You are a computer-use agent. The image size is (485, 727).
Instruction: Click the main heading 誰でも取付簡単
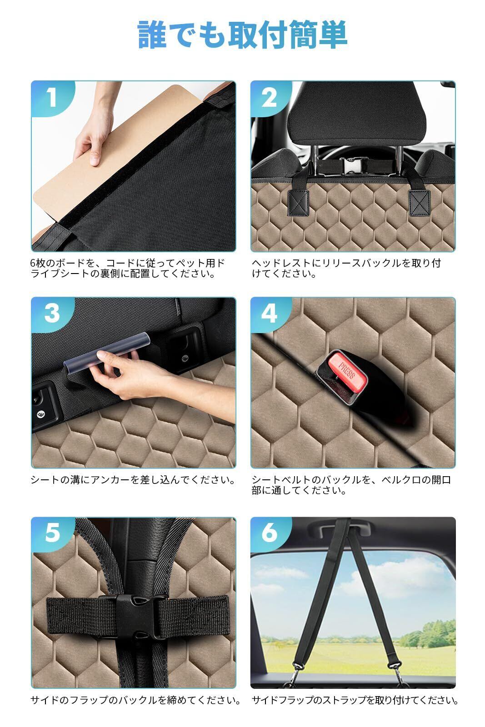click(243, 35)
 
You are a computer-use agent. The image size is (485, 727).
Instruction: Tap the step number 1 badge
click(52, 98)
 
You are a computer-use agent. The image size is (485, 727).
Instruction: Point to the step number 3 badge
click(52, 314)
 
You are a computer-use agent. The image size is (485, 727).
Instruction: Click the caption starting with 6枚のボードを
click(128, 268)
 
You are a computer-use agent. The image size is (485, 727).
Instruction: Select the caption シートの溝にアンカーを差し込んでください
click(132, 479)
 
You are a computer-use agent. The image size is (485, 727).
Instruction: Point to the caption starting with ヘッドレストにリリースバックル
click(346, 268)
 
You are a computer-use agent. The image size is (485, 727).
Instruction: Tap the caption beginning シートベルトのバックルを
click(351, 484)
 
